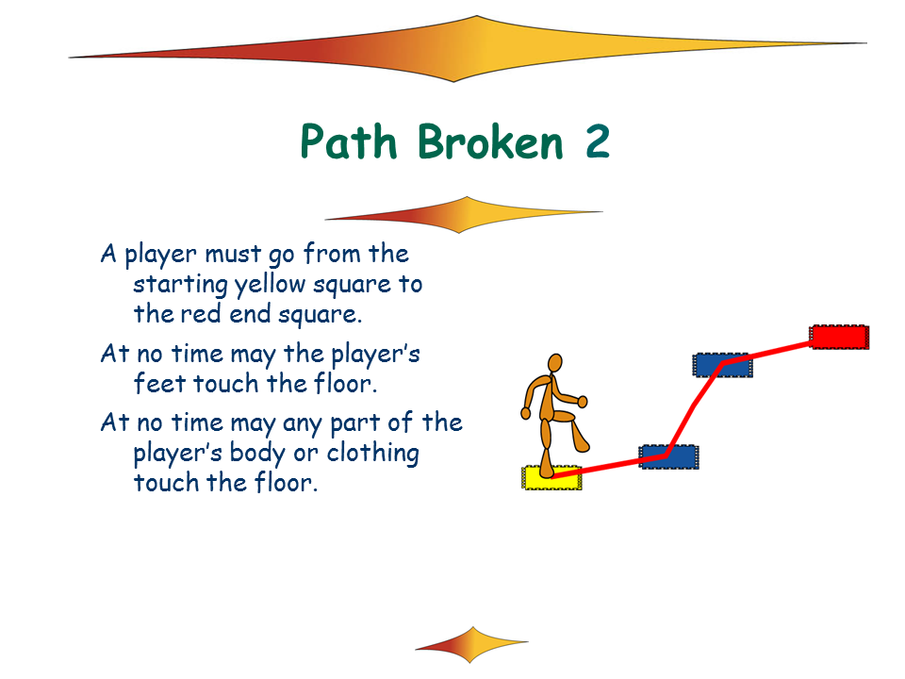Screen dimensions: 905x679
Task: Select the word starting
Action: (x=180, y=285)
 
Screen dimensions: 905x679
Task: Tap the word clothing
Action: (x=372, y=454)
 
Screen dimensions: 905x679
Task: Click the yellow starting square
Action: (x=551, y=478)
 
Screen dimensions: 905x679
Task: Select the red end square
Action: (x=840, y=338)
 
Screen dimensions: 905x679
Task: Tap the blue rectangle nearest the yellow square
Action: (x=669, y=456)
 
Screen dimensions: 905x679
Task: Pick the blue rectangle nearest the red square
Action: (x=723, y=365)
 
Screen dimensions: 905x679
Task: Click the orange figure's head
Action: (x=554, y=363)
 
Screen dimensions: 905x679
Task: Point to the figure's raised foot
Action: (x=582, y=443)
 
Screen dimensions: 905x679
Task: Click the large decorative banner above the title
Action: (x=468, y=49)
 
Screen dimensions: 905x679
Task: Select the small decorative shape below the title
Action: (x=464, y=215)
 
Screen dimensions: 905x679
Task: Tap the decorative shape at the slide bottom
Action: (x=471, y=644)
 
